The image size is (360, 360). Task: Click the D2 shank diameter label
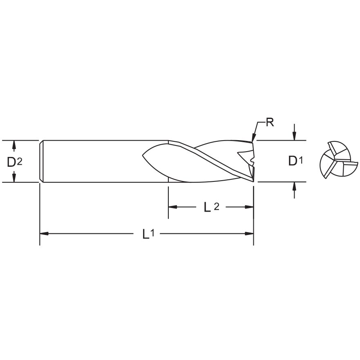(14, 162)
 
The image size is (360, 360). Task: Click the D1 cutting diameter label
(295, 161)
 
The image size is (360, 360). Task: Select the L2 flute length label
(211, 207)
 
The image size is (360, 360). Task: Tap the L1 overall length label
(148, 234)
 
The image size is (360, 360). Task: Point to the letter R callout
(270, 122)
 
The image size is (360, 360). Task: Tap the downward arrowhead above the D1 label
(294, 136)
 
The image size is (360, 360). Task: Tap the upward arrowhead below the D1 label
(294, 186)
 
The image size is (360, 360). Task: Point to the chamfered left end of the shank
(41, 161)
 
